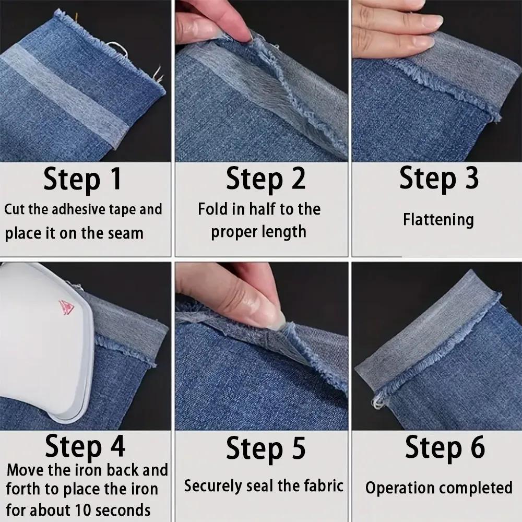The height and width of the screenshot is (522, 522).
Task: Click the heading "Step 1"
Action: point(82,179)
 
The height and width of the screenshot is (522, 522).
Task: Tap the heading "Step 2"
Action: point(265,179)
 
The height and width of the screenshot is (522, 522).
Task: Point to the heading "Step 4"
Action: point(85,447)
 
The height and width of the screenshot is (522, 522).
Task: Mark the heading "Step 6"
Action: point(445,447)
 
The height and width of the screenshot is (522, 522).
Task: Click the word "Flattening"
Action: point(438,219)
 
